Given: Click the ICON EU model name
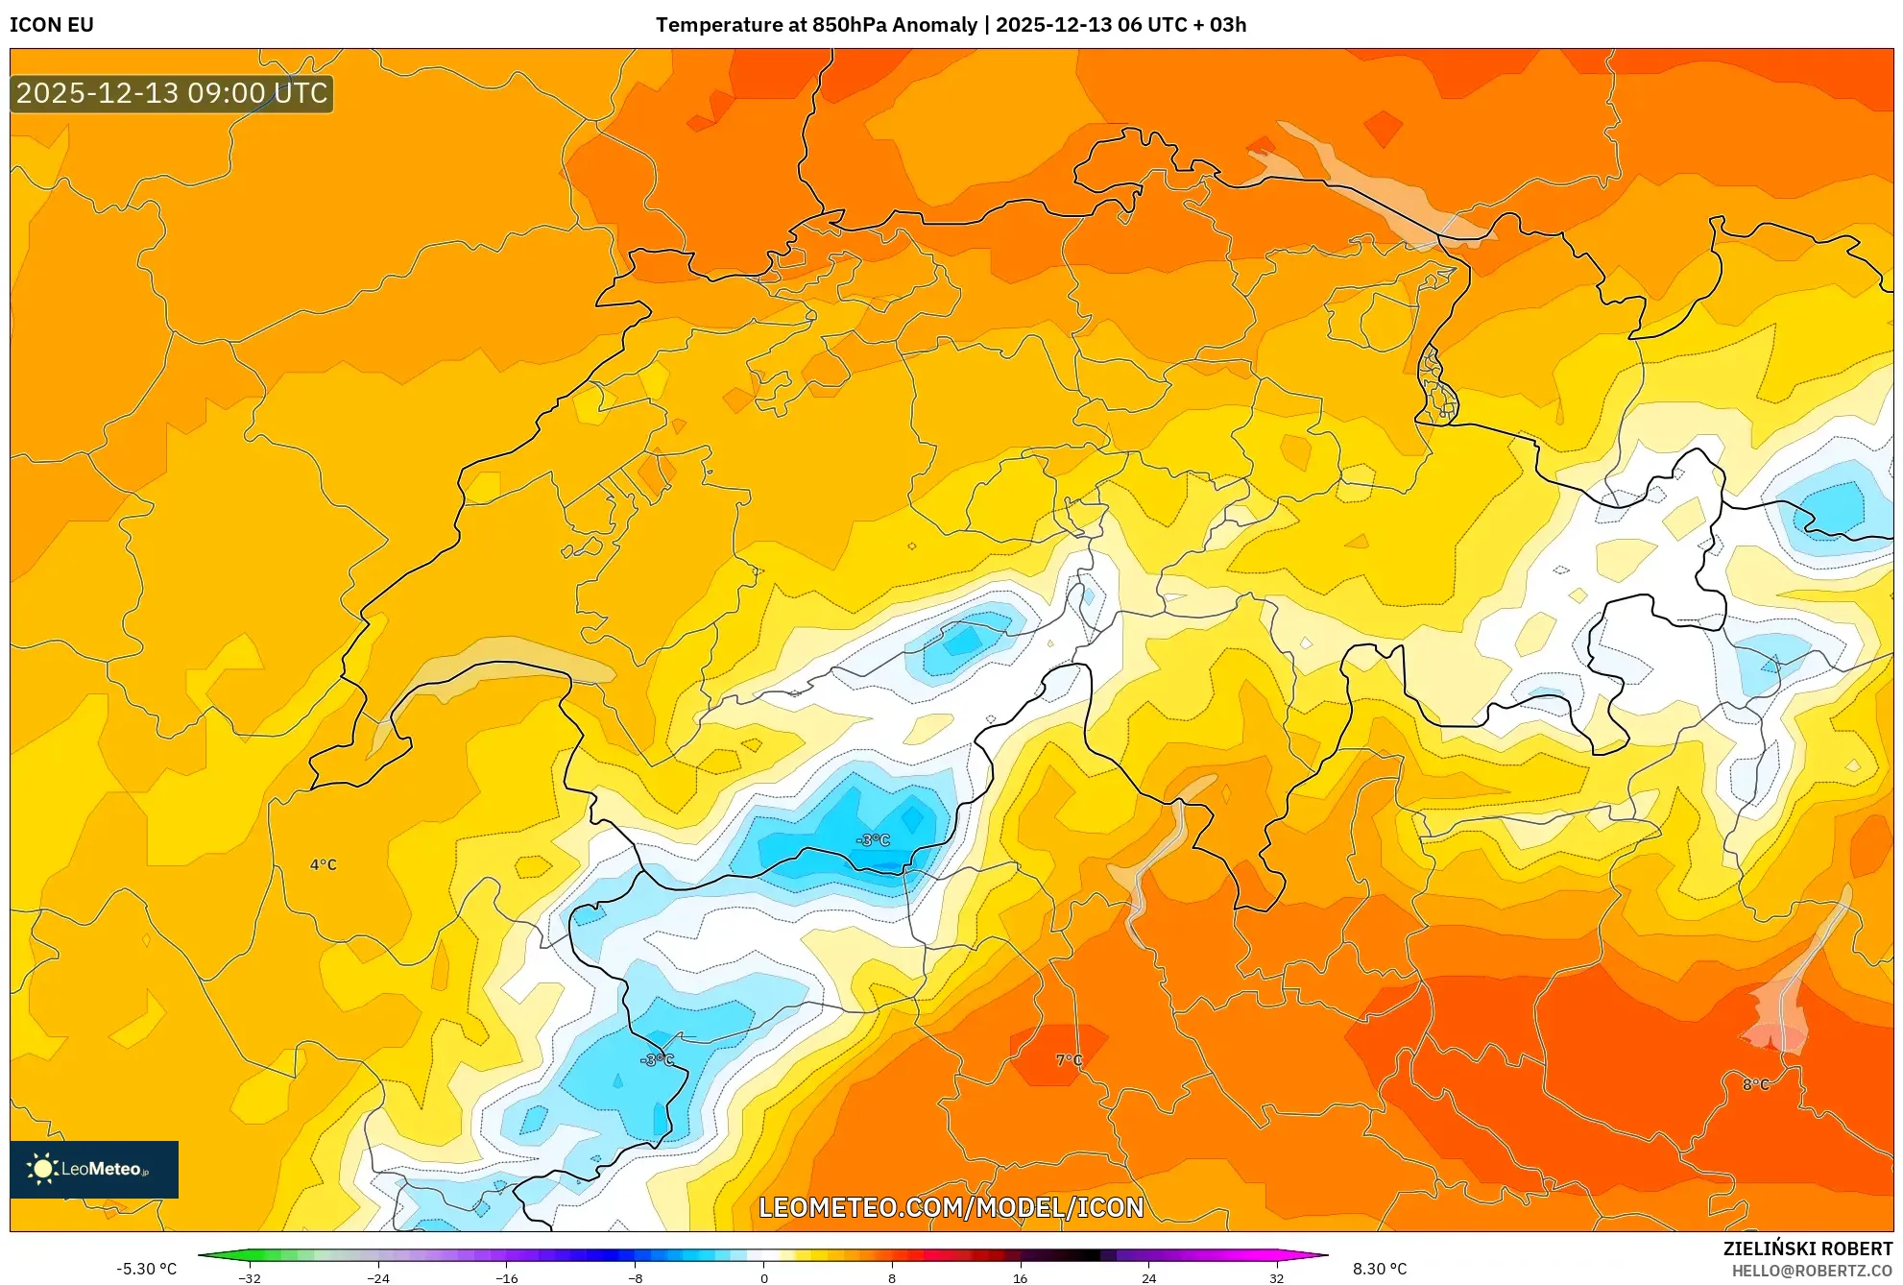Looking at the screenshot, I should click(x=52, y=25).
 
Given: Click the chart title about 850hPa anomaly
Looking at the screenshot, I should click(x=951, y=25).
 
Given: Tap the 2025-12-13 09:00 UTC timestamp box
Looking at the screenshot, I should click(x=172, y=94).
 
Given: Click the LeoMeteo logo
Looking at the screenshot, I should click(x=94, y=1169).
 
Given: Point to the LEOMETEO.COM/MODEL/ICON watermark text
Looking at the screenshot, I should click(x=951, y=1207).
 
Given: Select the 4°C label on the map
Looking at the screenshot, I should click(x=324, y=865).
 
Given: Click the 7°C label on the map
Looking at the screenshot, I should click(x=1069, y=1060).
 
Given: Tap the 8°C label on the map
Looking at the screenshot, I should click(x=1756, y=1084).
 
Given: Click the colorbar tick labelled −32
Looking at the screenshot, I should click(x=250, y=1278).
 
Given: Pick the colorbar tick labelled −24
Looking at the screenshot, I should click(x=378, y=1278).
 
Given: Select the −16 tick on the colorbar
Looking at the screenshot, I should click(x=507, y=1278).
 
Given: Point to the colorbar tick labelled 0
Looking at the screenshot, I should click(x=764, y=1278).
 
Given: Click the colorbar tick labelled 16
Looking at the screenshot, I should click(x=1021, y=1278).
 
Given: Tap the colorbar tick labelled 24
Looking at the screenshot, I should click(x=1148, y=1278).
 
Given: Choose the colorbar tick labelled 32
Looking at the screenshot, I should click(x=1277, y=1278).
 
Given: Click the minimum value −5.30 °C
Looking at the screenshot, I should click(x=147, y=1269).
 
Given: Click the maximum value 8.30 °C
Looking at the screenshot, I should click(x=1380, y=1269).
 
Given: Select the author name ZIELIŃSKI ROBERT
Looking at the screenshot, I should click(x=1808, y=1249).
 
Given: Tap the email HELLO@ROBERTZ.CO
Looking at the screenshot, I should click(x=1812, y=1272).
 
